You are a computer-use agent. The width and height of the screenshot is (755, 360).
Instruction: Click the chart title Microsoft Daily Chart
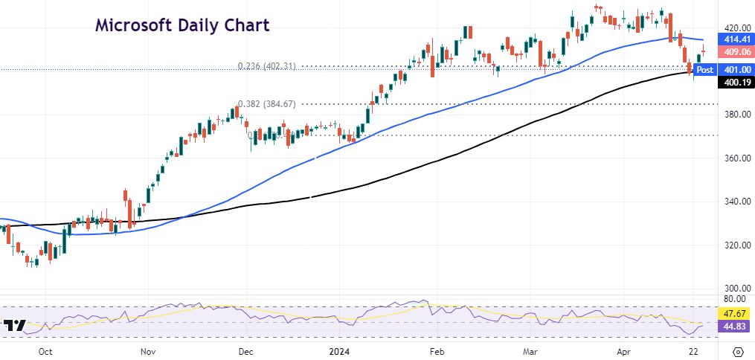[182, 25]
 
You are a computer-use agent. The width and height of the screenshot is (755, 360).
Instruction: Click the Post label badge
[704, 69]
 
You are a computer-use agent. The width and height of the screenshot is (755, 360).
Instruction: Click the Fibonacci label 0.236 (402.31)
[267, 66]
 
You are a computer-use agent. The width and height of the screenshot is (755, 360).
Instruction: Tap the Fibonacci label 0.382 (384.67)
[267, 104]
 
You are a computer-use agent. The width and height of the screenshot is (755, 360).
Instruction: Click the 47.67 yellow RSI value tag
[733, 313]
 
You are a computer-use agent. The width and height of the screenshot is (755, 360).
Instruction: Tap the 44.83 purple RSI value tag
[733, 326]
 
